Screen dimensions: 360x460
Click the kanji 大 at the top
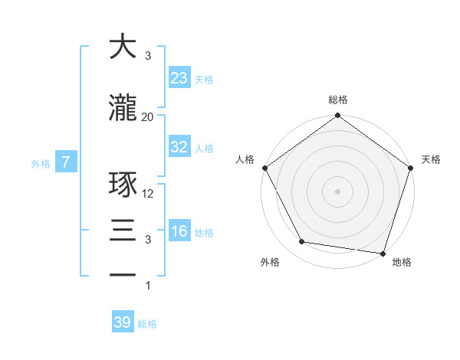point(123,47)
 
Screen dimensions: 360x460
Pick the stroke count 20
point(148,116)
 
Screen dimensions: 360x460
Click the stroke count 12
point(148,193)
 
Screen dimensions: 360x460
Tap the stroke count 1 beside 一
point(148,286)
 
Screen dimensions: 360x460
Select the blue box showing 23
point(179,78)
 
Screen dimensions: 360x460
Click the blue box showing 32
point(179,147)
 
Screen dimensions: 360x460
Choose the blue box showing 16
point(179,231)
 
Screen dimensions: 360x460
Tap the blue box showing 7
point(67,162)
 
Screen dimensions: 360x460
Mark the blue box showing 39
point(123,322)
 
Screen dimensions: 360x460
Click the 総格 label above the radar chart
point(338,100)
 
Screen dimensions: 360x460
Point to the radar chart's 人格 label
point(245,159)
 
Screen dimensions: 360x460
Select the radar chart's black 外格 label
point(270,262)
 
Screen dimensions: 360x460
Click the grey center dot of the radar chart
point(338,191)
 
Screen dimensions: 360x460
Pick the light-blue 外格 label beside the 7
point(41,163)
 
